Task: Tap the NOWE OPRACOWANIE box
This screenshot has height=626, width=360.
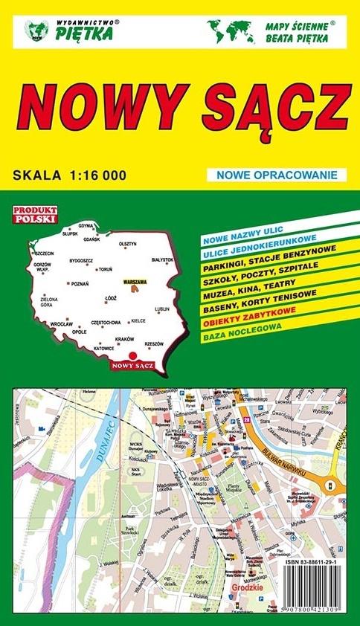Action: (x=277, y=175)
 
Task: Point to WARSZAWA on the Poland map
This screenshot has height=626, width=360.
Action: (x=135, y=283)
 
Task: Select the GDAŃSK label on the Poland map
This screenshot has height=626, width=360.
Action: (x=91, y=239)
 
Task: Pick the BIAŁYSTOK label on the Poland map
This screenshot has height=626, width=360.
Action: (x=161, y=259)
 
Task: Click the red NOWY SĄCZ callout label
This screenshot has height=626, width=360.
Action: (x=129, y=365)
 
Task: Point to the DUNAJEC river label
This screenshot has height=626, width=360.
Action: (x=106, y=445)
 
